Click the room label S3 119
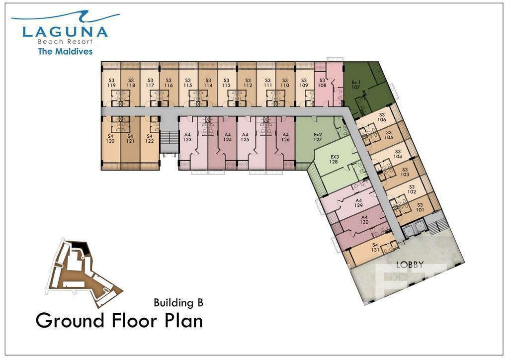tap(111, 83)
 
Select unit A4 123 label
tap(187, 137)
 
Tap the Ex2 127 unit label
tap(318, 137)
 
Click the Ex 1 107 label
tap(356, 85)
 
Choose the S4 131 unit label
tap(375, 247)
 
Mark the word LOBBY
tap(410, 265)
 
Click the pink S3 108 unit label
tap(322, 83)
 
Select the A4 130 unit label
tap(364, 220)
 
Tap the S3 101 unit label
tap(420, 207)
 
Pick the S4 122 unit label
tap(149, 139)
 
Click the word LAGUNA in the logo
tap(65, 32)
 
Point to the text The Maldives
tap(65, 51)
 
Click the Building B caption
tap(178, 302)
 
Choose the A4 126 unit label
tap(285, 137)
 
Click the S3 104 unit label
tap(398, 154)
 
